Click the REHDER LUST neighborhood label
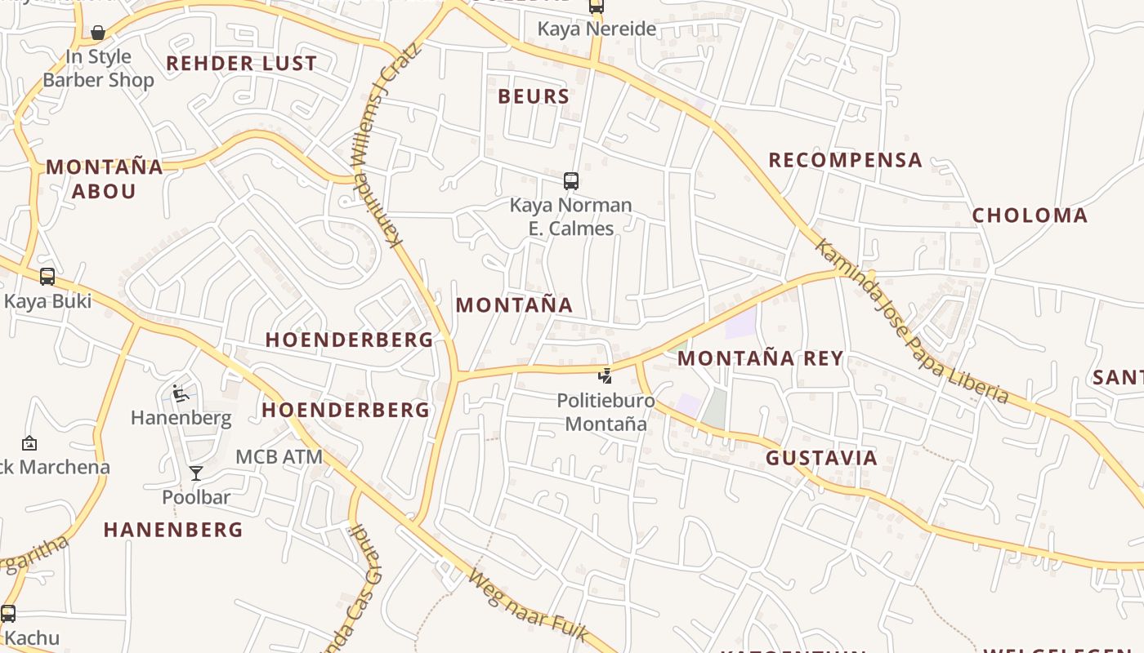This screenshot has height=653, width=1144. [241, 64]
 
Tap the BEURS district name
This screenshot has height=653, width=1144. [534, 96]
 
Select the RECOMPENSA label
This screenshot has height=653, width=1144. [845, 160]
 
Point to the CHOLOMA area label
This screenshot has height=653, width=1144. [1030, 215]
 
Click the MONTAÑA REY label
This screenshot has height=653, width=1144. [760, 358]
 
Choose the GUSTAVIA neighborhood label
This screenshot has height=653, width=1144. [821, 458]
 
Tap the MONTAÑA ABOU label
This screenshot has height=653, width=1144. [104, 179]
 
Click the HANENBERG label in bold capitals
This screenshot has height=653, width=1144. [173, 530]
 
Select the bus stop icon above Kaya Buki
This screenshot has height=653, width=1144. [47, 276]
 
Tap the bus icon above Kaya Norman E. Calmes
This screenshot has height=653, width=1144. [571, 180]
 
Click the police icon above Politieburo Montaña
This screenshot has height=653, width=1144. [605, 375]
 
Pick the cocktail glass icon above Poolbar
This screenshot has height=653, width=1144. [196, 473]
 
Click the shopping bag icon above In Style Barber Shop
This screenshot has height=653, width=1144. [98, 33]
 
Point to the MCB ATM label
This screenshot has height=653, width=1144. [279, 457]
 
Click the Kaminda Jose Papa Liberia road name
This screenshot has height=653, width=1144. [911, 322]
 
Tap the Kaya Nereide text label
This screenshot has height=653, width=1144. [597, 29]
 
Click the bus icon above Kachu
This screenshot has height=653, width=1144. [8, 613]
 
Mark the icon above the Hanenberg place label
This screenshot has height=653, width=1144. [181, 394]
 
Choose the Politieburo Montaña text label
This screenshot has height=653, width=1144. [606, 412]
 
